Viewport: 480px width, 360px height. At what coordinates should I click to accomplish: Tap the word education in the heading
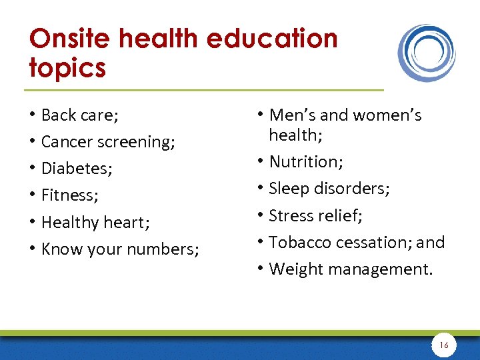click(272, 39)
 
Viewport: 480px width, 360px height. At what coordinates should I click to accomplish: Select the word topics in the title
click(67, 67)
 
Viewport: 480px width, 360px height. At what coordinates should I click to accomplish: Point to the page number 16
click(444, 345)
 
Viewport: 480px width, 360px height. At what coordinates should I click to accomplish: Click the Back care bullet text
click(79, 115)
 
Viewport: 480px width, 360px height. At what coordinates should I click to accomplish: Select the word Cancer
click(66, 142)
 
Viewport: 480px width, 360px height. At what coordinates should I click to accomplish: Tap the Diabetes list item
click(76, 169)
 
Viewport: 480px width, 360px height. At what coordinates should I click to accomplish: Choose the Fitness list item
click(69, 195)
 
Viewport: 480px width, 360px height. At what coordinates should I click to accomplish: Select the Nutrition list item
click(305, 162)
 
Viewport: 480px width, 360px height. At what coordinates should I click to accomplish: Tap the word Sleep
click(289, 189)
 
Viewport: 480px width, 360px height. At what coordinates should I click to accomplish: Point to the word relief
click(340, 216)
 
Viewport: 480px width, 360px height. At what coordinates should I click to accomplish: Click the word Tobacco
click(297, 243)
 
